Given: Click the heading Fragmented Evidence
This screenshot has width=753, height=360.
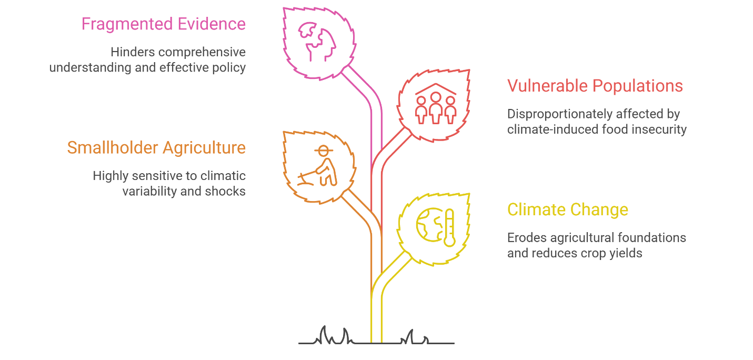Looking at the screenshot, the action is (x=163, y=24).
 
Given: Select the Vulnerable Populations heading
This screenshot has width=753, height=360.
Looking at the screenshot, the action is (x=595, y=86).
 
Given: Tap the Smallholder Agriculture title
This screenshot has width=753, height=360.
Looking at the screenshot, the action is (x=156, y=148).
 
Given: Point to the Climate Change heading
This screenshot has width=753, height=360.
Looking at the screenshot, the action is (x=568, y=210).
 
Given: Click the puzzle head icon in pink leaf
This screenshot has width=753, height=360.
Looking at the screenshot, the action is (x=317, y=42).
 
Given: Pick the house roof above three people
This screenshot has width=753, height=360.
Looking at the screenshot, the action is (x=436, y=89).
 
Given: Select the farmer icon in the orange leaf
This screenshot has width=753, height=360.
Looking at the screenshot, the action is (x=318, y=165).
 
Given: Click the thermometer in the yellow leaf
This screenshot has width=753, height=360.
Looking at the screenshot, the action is (x=449, y=227).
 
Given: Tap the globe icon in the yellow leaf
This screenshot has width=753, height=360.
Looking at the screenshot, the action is (x=430, y=225).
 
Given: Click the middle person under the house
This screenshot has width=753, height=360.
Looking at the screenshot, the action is (x=436, y=108).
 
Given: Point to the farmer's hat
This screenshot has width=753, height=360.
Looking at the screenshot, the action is (x=324, y=150).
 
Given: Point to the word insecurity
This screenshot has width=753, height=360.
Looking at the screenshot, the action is (x=659, y=130).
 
